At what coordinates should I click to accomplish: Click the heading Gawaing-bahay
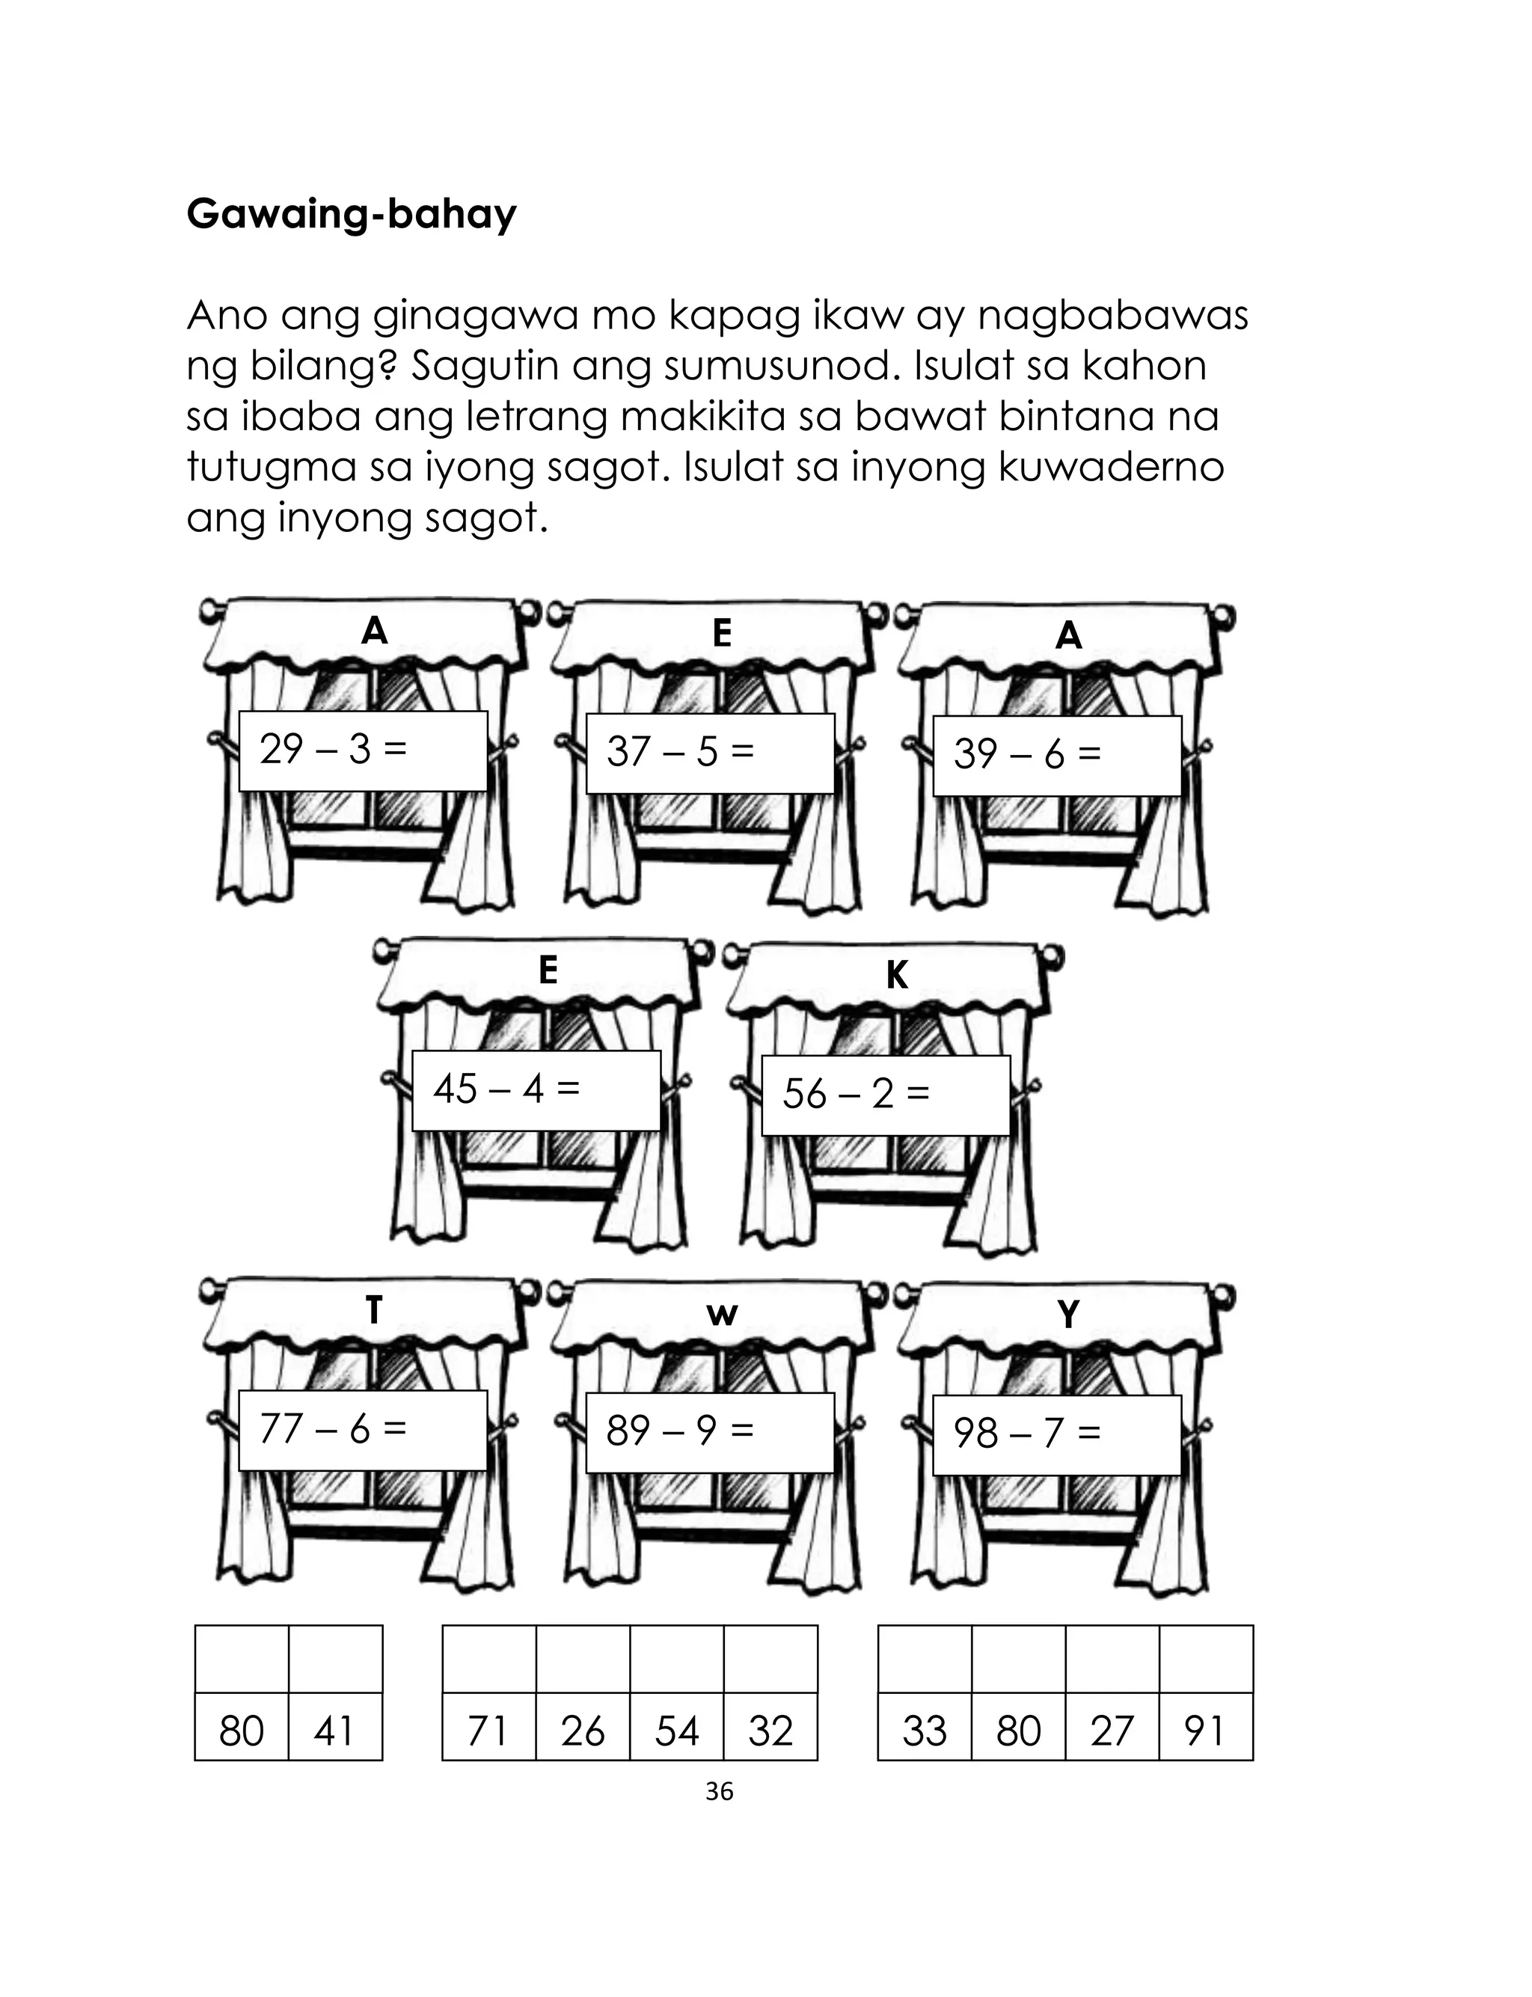[351, 215]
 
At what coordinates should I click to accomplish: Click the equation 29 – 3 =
[333, 750]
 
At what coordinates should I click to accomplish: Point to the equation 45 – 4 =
[506, 1089]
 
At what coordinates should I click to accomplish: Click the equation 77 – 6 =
[333, 1429]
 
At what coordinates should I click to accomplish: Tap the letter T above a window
[374, 1312]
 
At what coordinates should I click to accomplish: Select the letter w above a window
[721, 1315]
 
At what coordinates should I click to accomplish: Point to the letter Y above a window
[1068, 1315]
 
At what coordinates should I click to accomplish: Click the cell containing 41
[334, 1730]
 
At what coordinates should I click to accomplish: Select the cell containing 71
[488, 1730]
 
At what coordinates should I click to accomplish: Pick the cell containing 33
[924, 1730]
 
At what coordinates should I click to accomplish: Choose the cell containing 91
[1206, 1730]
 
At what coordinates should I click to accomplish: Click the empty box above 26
[582, 1660]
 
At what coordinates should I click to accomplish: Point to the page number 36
[720, 1792]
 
